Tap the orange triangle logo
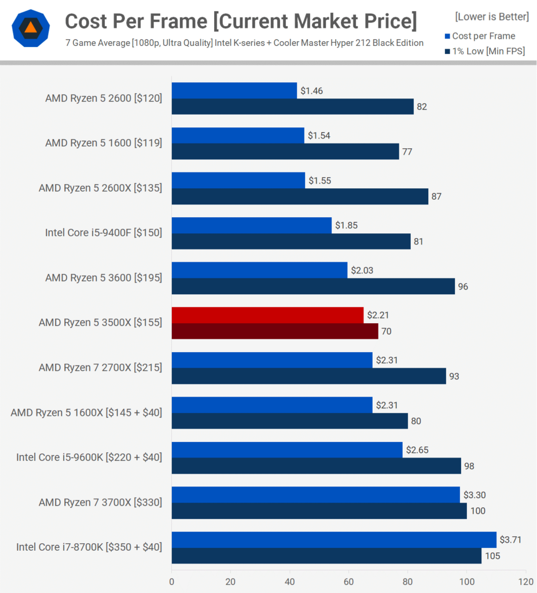click(30, 28)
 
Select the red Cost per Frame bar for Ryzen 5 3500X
click(267, 315)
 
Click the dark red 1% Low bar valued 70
click(275, 331)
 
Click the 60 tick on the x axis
click(349, 581)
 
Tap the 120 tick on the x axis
click(525, 581)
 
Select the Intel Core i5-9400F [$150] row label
click(104, 233)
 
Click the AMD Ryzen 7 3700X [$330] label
click(100, 502)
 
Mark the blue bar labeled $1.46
click(234, 90)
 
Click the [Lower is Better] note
click(492, 17)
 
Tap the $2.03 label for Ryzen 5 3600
click(362, 270)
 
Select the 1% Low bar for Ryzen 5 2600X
click(300, 196)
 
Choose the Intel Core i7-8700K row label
click(89, 547)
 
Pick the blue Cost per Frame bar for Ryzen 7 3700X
click(315, 495)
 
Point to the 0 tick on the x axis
click(172, 581)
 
